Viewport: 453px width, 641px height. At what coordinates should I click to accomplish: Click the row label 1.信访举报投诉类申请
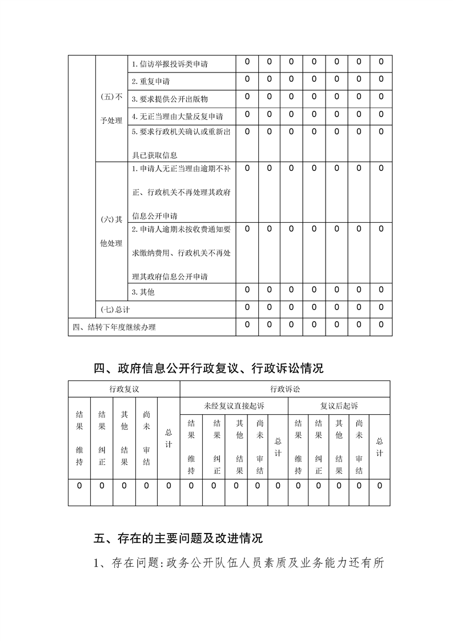click(x=169, y=64)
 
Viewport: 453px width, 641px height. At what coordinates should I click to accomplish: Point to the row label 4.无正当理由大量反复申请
click(x=177, y=117)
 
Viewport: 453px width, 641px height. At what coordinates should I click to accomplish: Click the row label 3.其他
click(x=143, y=293)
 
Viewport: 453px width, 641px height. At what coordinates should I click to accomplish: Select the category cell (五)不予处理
click(x=111, y=109)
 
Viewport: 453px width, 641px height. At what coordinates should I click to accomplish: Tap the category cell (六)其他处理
click(x=111, y=231)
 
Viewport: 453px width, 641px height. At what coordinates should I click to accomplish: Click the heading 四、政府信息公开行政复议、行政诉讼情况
click(x=209, y=368)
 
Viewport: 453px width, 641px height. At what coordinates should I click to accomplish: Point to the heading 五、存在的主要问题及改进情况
click(x=178, y=538)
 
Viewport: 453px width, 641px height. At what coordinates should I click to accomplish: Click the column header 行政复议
click(x=124, y=389)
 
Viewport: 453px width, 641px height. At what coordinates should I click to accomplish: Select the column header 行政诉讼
click(x=285, y=389)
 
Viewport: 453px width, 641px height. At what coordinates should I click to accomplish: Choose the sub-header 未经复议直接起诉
click(x=234, y=406)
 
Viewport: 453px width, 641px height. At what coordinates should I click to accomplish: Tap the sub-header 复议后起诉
click(x=339, y=406)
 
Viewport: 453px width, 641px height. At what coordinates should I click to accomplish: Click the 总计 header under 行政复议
click(x=169, y=439)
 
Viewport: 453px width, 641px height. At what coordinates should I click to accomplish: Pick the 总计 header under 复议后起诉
click(x=380, y=447)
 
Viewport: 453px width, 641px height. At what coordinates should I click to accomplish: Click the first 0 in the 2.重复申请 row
click(x=247, y=79)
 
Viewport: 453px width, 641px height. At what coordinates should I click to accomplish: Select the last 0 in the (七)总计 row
click(x=381, y=307)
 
